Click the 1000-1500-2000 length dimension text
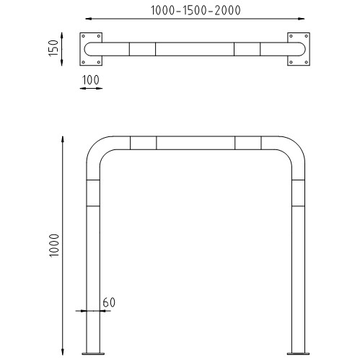point(196,11)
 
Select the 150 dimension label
point(53,48)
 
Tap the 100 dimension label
point(91,80)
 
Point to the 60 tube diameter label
point(109,302)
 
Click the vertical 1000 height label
point(54,245)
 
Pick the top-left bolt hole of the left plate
point(83,36)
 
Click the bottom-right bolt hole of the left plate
point(99,62)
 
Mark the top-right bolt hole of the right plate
point(307,36)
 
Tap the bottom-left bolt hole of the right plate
point(291,62)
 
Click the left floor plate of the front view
point(93,354)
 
